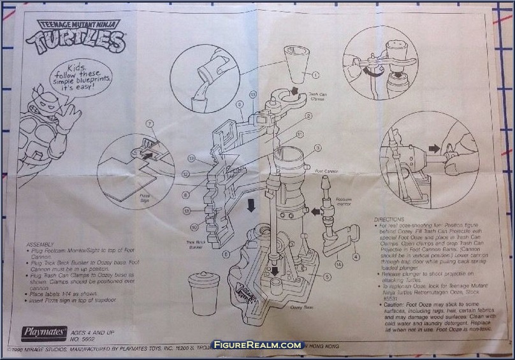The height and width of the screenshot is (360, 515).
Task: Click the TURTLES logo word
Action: click(x=76, y=42)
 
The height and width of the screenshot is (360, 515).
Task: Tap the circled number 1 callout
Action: click(x=315, y=75)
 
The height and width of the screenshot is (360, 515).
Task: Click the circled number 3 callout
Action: click(x=317, y=148)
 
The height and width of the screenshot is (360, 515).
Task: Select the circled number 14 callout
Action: click(x=339, y=263)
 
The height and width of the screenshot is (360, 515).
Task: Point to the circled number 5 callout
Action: click(x=327, y=277)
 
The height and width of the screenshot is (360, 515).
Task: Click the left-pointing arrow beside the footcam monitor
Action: click(x=314, y=211)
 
